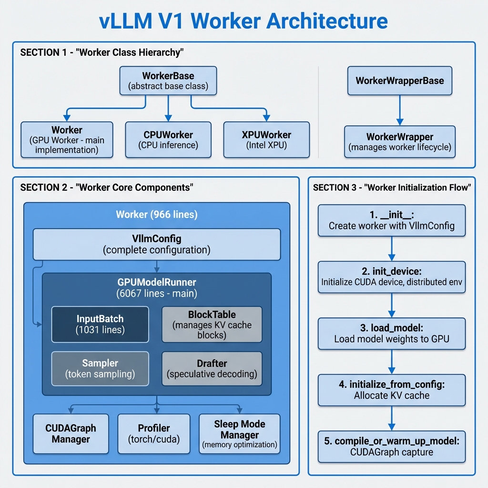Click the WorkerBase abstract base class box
[168, 81]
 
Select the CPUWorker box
[168, 139]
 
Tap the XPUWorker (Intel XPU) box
[266, 139]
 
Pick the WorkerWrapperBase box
[400, 81]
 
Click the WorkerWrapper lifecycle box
[400, 142]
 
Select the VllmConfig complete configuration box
[156, 244]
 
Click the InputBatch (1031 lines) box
[100, 324]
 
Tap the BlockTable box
[212, 324]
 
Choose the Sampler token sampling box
[100, 369]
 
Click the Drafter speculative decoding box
[212, 369]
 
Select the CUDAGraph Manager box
[71, 434]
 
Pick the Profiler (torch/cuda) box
[153, 434]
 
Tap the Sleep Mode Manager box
[239, 434]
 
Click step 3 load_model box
[391, 334]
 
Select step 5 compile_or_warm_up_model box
[391, 447]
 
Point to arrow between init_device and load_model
[391, 305]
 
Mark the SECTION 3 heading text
[391, 188]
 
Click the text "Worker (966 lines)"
[156, 214]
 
